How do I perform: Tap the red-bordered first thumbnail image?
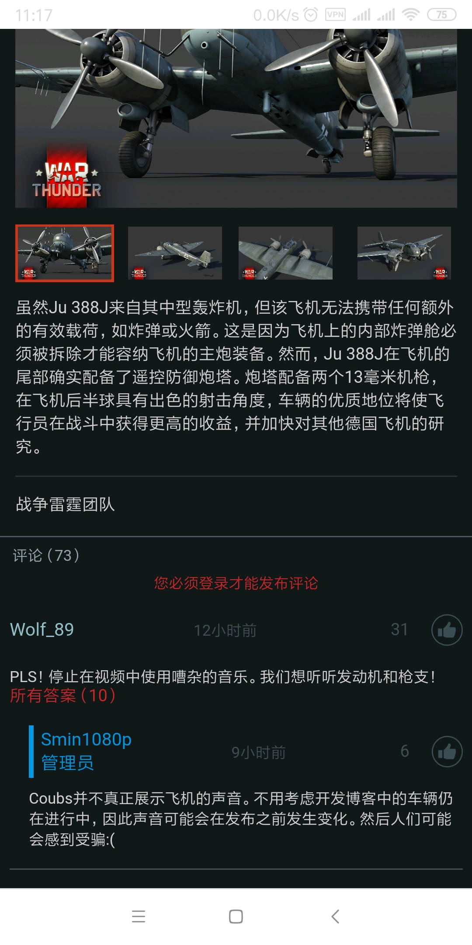(x=65, y=253)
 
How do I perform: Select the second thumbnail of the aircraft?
(x=175, y=253)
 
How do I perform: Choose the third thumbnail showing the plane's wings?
(x=285, y=253)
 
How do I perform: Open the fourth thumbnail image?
(x=404, y=253)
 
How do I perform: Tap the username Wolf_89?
(x=42, y=630)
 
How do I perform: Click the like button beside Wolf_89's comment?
(x=447, y=630)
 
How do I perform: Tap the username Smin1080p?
(x=86, y=739)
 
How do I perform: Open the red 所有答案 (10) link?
(x=63, y=695)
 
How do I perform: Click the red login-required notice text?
(x=236, y=583)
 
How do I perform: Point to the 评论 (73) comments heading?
(x=46, y=556)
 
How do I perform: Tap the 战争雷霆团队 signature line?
(x=66, y=504)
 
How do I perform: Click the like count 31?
(x=399, y=630)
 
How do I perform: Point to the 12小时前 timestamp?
(x=225, y=630)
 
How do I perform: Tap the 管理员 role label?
(x=67, y=763)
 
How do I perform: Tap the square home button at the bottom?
(x=236, y=917)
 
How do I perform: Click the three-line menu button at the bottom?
(x=139, y=917)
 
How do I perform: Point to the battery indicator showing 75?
(x=441, y=15)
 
